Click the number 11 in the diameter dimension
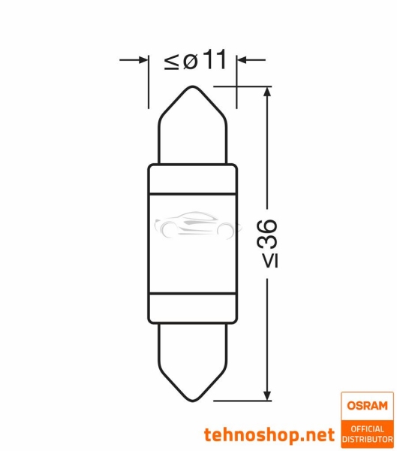click(213, 61)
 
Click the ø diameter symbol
click(191, 62)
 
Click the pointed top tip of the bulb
click(194, 87)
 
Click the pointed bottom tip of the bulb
click(194, 401)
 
